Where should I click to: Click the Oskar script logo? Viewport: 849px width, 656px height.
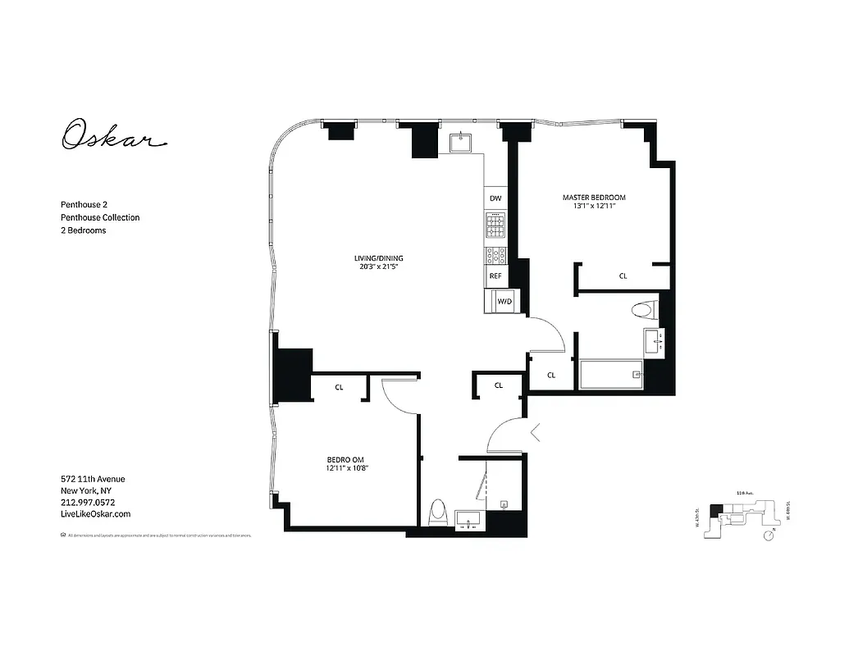[x=114, y=134]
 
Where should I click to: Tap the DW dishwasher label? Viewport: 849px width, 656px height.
[x=495, y=199]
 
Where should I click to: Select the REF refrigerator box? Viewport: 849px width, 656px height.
[x=495, y=276]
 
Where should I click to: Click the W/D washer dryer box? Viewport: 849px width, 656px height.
[x=504, y=301]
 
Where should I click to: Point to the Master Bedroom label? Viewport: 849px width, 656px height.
[x=594, y=198]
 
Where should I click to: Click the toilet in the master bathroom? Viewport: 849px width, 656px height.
[x=646, y=311]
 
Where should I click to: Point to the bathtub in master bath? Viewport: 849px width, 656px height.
[x=611, y=375]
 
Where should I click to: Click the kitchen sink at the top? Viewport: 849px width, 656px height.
[x=463, y=143]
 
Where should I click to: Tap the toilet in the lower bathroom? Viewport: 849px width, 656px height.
[x=437, y=513]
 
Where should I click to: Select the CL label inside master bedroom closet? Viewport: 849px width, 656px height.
[x=623, y=276]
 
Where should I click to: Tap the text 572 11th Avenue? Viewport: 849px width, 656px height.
[x=93, y=479]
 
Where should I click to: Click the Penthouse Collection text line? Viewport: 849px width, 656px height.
[x=100, y=217]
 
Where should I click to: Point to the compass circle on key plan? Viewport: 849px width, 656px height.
[x=769, y=535]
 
